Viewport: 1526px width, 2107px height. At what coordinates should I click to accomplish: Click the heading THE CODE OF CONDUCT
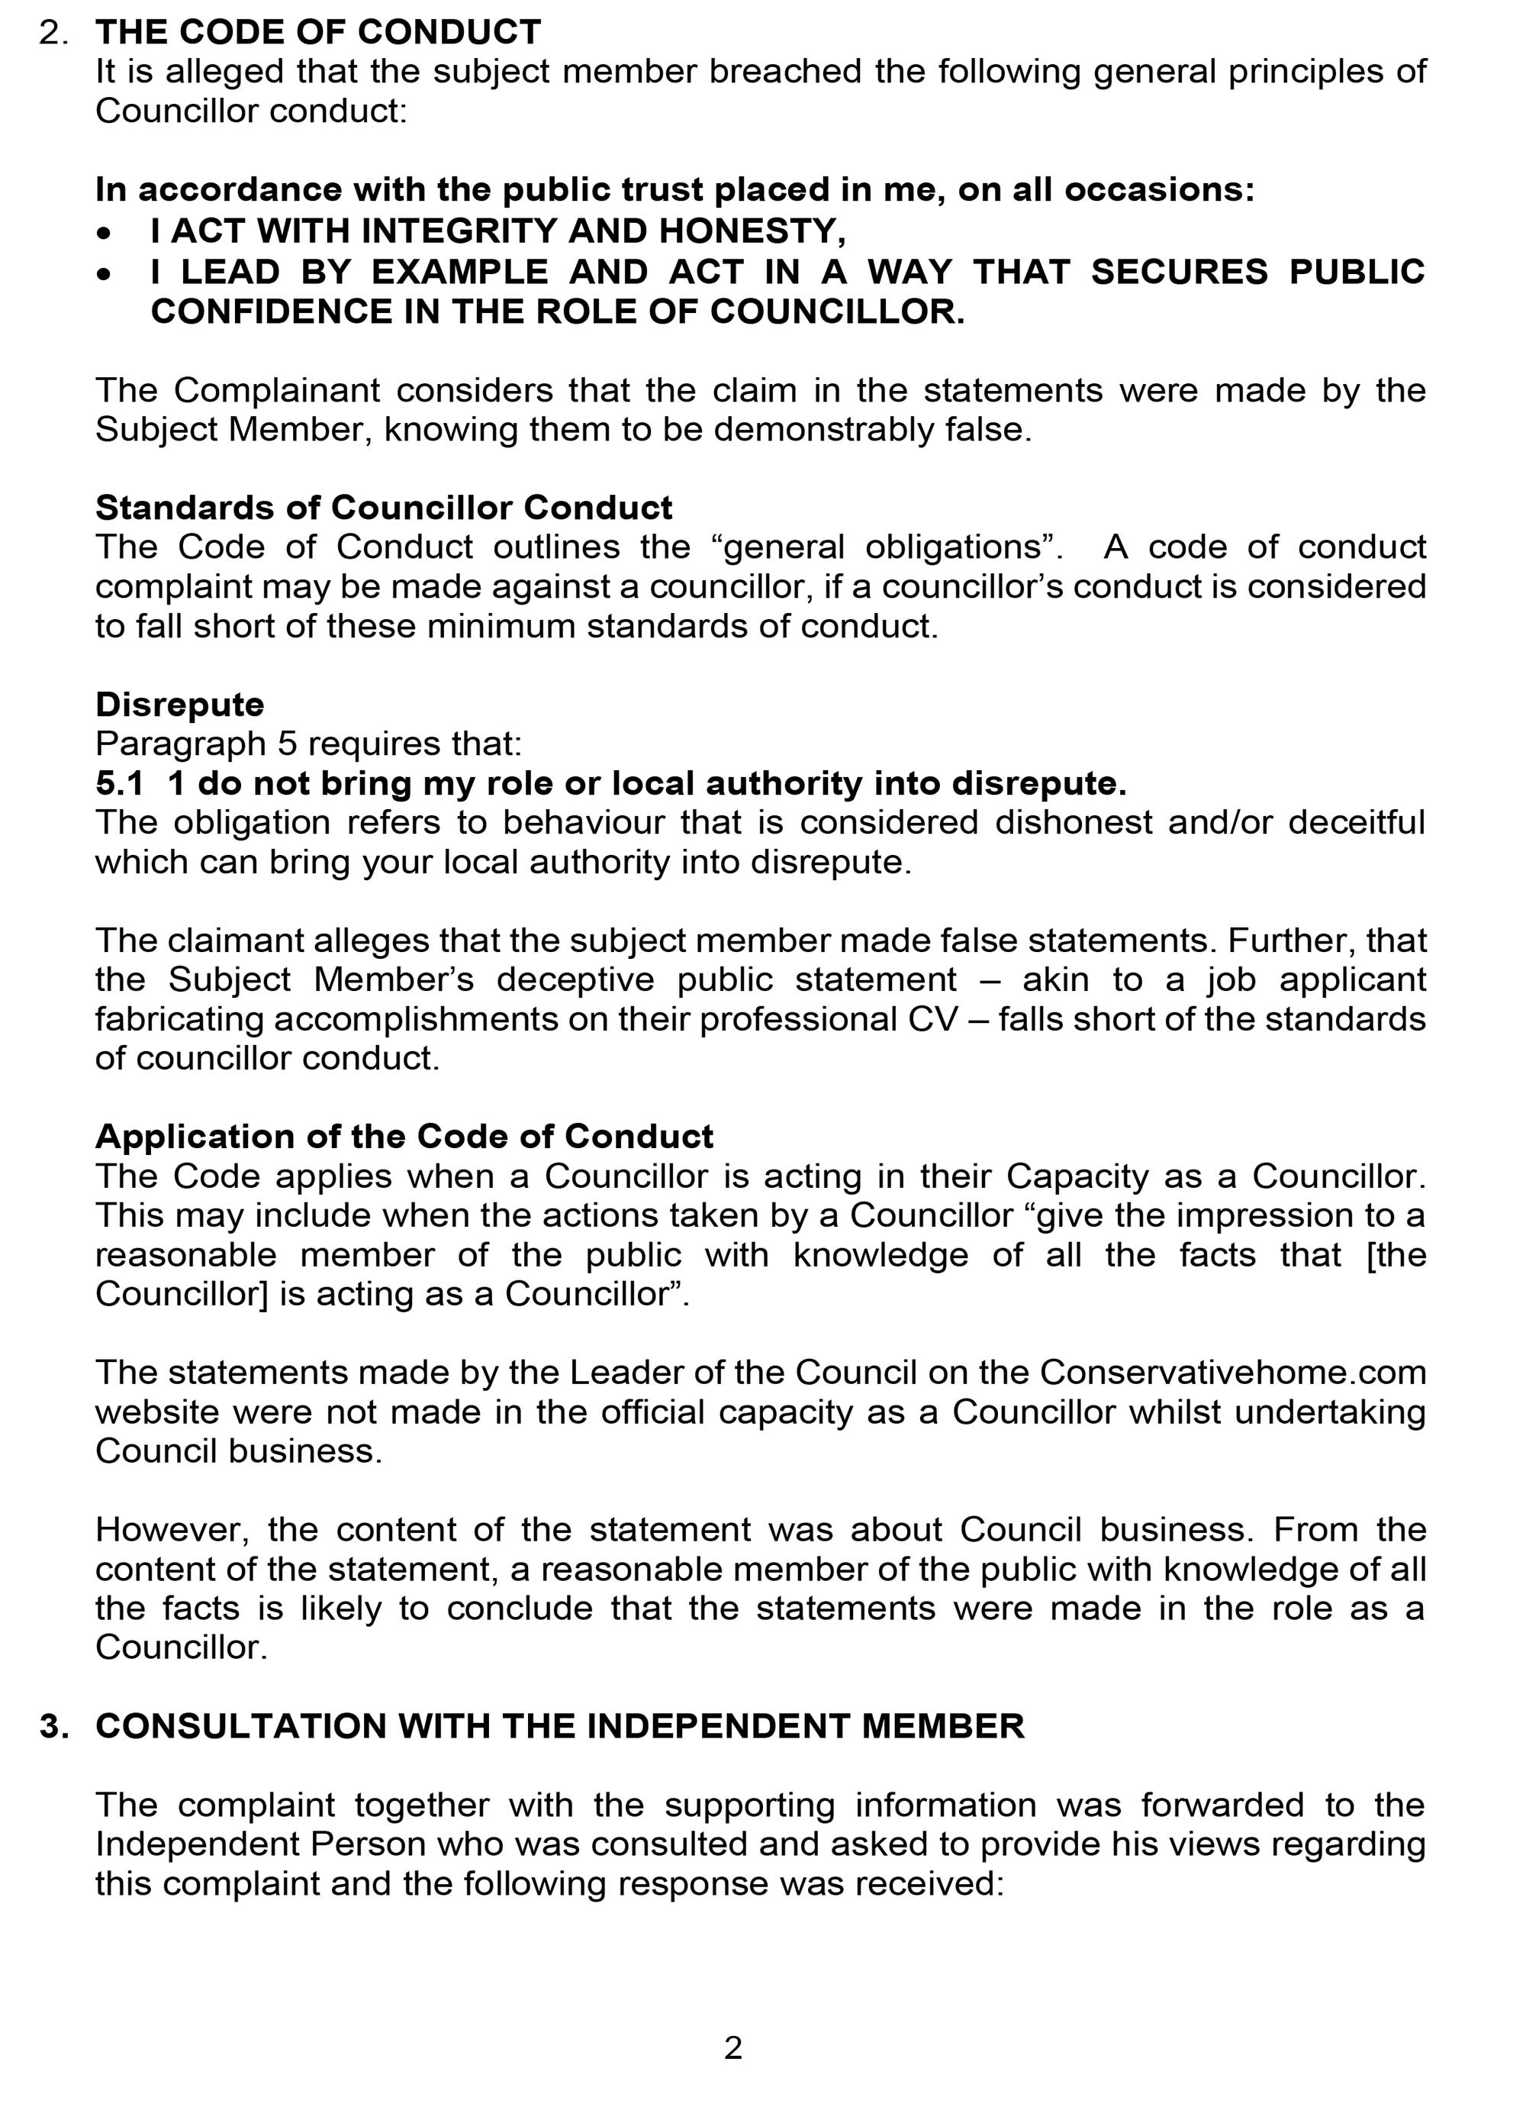[x=317, y=33]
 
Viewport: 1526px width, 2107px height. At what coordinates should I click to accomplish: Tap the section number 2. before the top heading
[x=54, y=33]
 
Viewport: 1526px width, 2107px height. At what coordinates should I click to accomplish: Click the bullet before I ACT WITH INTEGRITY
[x=108, y=231]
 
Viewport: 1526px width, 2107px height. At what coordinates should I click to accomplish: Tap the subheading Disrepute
[x=179, y=704]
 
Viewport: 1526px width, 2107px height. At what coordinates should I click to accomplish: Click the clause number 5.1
[x=119, y=783]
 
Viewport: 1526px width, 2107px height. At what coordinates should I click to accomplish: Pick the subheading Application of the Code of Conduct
[x=404, y=1136]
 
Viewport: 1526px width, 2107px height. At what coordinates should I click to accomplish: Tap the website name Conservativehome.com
[x=1232, y=1372]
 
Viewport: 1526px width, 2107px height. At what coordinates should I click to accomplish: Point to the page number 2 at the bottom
[x=732, y=2047]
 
